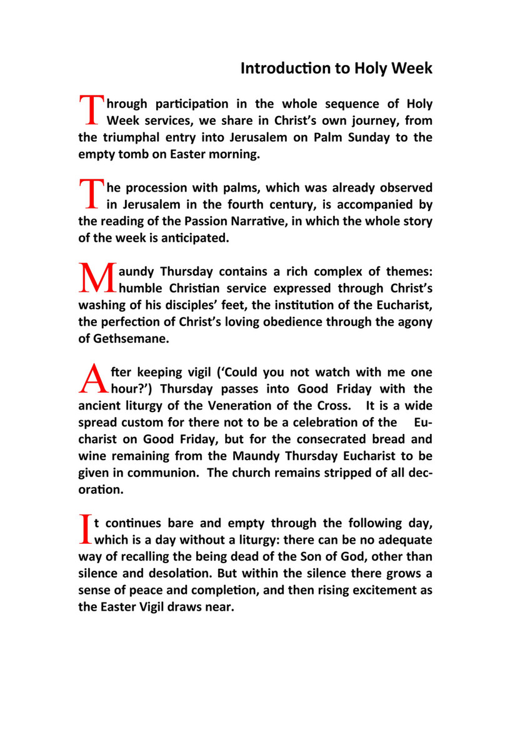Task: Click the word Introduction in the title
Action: click(277, 68)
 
